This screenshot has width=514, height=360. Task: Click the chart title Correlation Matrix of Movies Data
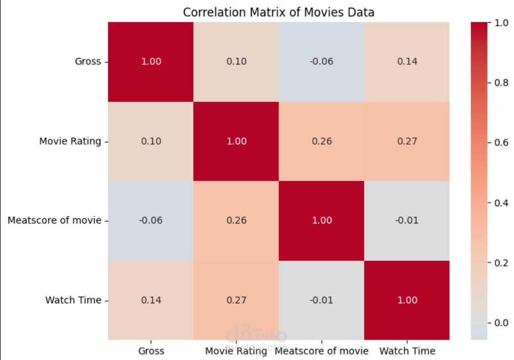tap(278, 12)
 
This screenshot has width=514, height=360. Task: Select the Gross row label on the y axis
tap(88, 62)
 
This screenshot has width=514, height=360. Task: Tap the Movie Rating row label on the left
tap(70, 141)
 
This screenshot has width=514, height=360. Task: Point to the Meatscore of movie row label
tap(55, 221)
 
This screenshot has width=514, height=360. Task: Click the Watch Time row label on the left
tap(73, 301)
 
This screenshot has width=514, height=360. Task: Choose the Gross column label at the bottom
tap(151, 351)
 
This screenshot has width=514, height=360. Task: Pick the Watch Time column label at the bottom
tap(407, 351)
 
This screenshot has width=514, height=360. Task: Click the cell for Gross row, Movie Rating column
tap(236, 62)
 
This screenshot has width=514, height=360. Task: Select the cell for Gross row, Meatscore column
tap(322, 62)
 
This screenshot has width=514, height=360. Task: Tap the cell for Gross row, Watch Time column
tap(407, 62)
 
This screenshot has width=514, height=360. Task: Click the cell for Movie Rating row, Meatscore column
tap(322, 141)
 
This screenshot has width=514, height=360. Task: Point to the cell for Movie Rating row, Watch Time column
tap(407, 141)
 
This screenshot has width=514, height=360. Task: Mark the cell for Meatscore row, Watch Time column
tap(407, 221)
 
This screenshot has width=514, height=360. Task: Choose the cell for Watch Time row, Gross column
tap(151, 301)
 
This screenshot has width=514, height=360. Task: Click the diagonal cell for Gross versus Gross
tap(151, 62)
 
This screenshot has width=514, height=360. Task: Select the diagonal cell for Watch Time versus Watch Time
tap(407, 301)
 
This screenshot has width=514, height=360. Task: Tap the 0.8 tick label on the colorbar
tap(501, 83)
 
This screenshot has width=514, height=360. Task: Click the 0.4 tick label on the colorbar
tap(501, 203)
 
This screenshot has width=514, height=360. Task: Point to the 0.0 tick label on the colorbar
tap(501, 323)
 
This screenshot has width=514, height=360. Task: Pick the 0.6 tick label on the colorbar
tap(501, 143)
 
